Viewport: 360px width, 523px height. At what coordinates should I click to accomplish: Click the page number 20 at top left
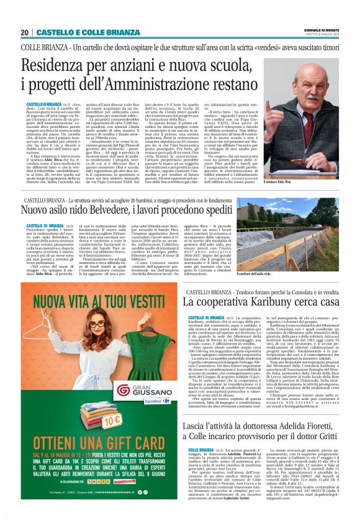pyautogui.click(x=25, y=33)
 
